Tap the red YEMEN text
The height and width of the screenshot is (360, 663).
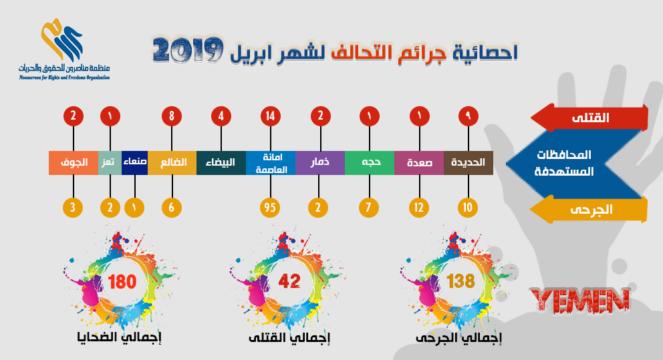[580, 301]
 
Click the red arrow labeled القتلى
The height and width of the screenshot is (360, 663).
[589, 118]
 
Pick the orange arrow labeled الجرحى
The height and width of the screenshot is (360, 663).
[589, 209]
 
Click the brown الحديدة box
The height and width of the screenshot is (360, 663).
[469, 163]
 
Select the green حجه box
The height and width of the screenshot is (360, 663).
[370, 163]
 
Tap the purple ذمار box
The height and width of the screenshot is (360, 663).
[320, 163]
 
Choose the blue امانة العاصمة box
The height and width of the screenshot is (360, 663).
[271, 163]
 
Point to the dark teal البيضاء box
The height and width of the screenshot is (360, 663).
[221, 163]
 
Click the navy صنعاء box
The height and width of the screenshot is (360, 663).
[134, 163]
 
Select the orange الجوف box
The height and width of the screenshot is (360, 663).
[74, 163]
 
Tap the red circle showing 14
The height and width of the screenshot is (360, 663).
[271, 116]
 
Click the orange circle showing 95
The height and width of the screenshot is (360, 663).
[270, 208]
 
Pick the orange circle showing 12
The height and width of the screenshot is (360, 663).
[419, 208]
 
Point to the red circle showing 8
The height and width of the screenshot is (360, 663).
[172, 116]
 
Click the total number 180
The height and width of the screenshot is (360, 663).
[122, 282]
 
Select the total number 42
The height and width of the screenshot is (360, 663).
[289, 281]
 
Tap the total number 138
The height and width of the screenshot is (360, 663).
[461, 281]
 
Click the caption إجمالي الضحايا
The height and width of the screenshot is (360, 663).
[119, 337]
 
